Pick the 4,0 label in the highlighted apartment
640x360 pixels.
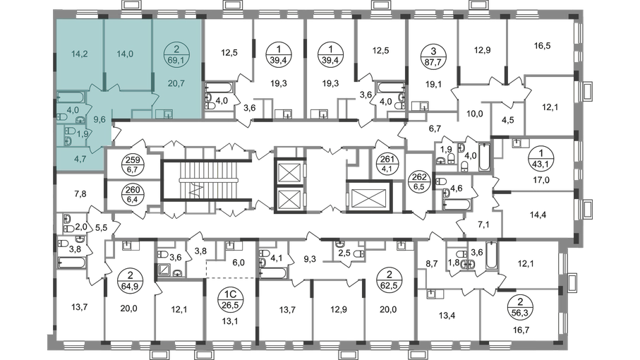73,109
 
